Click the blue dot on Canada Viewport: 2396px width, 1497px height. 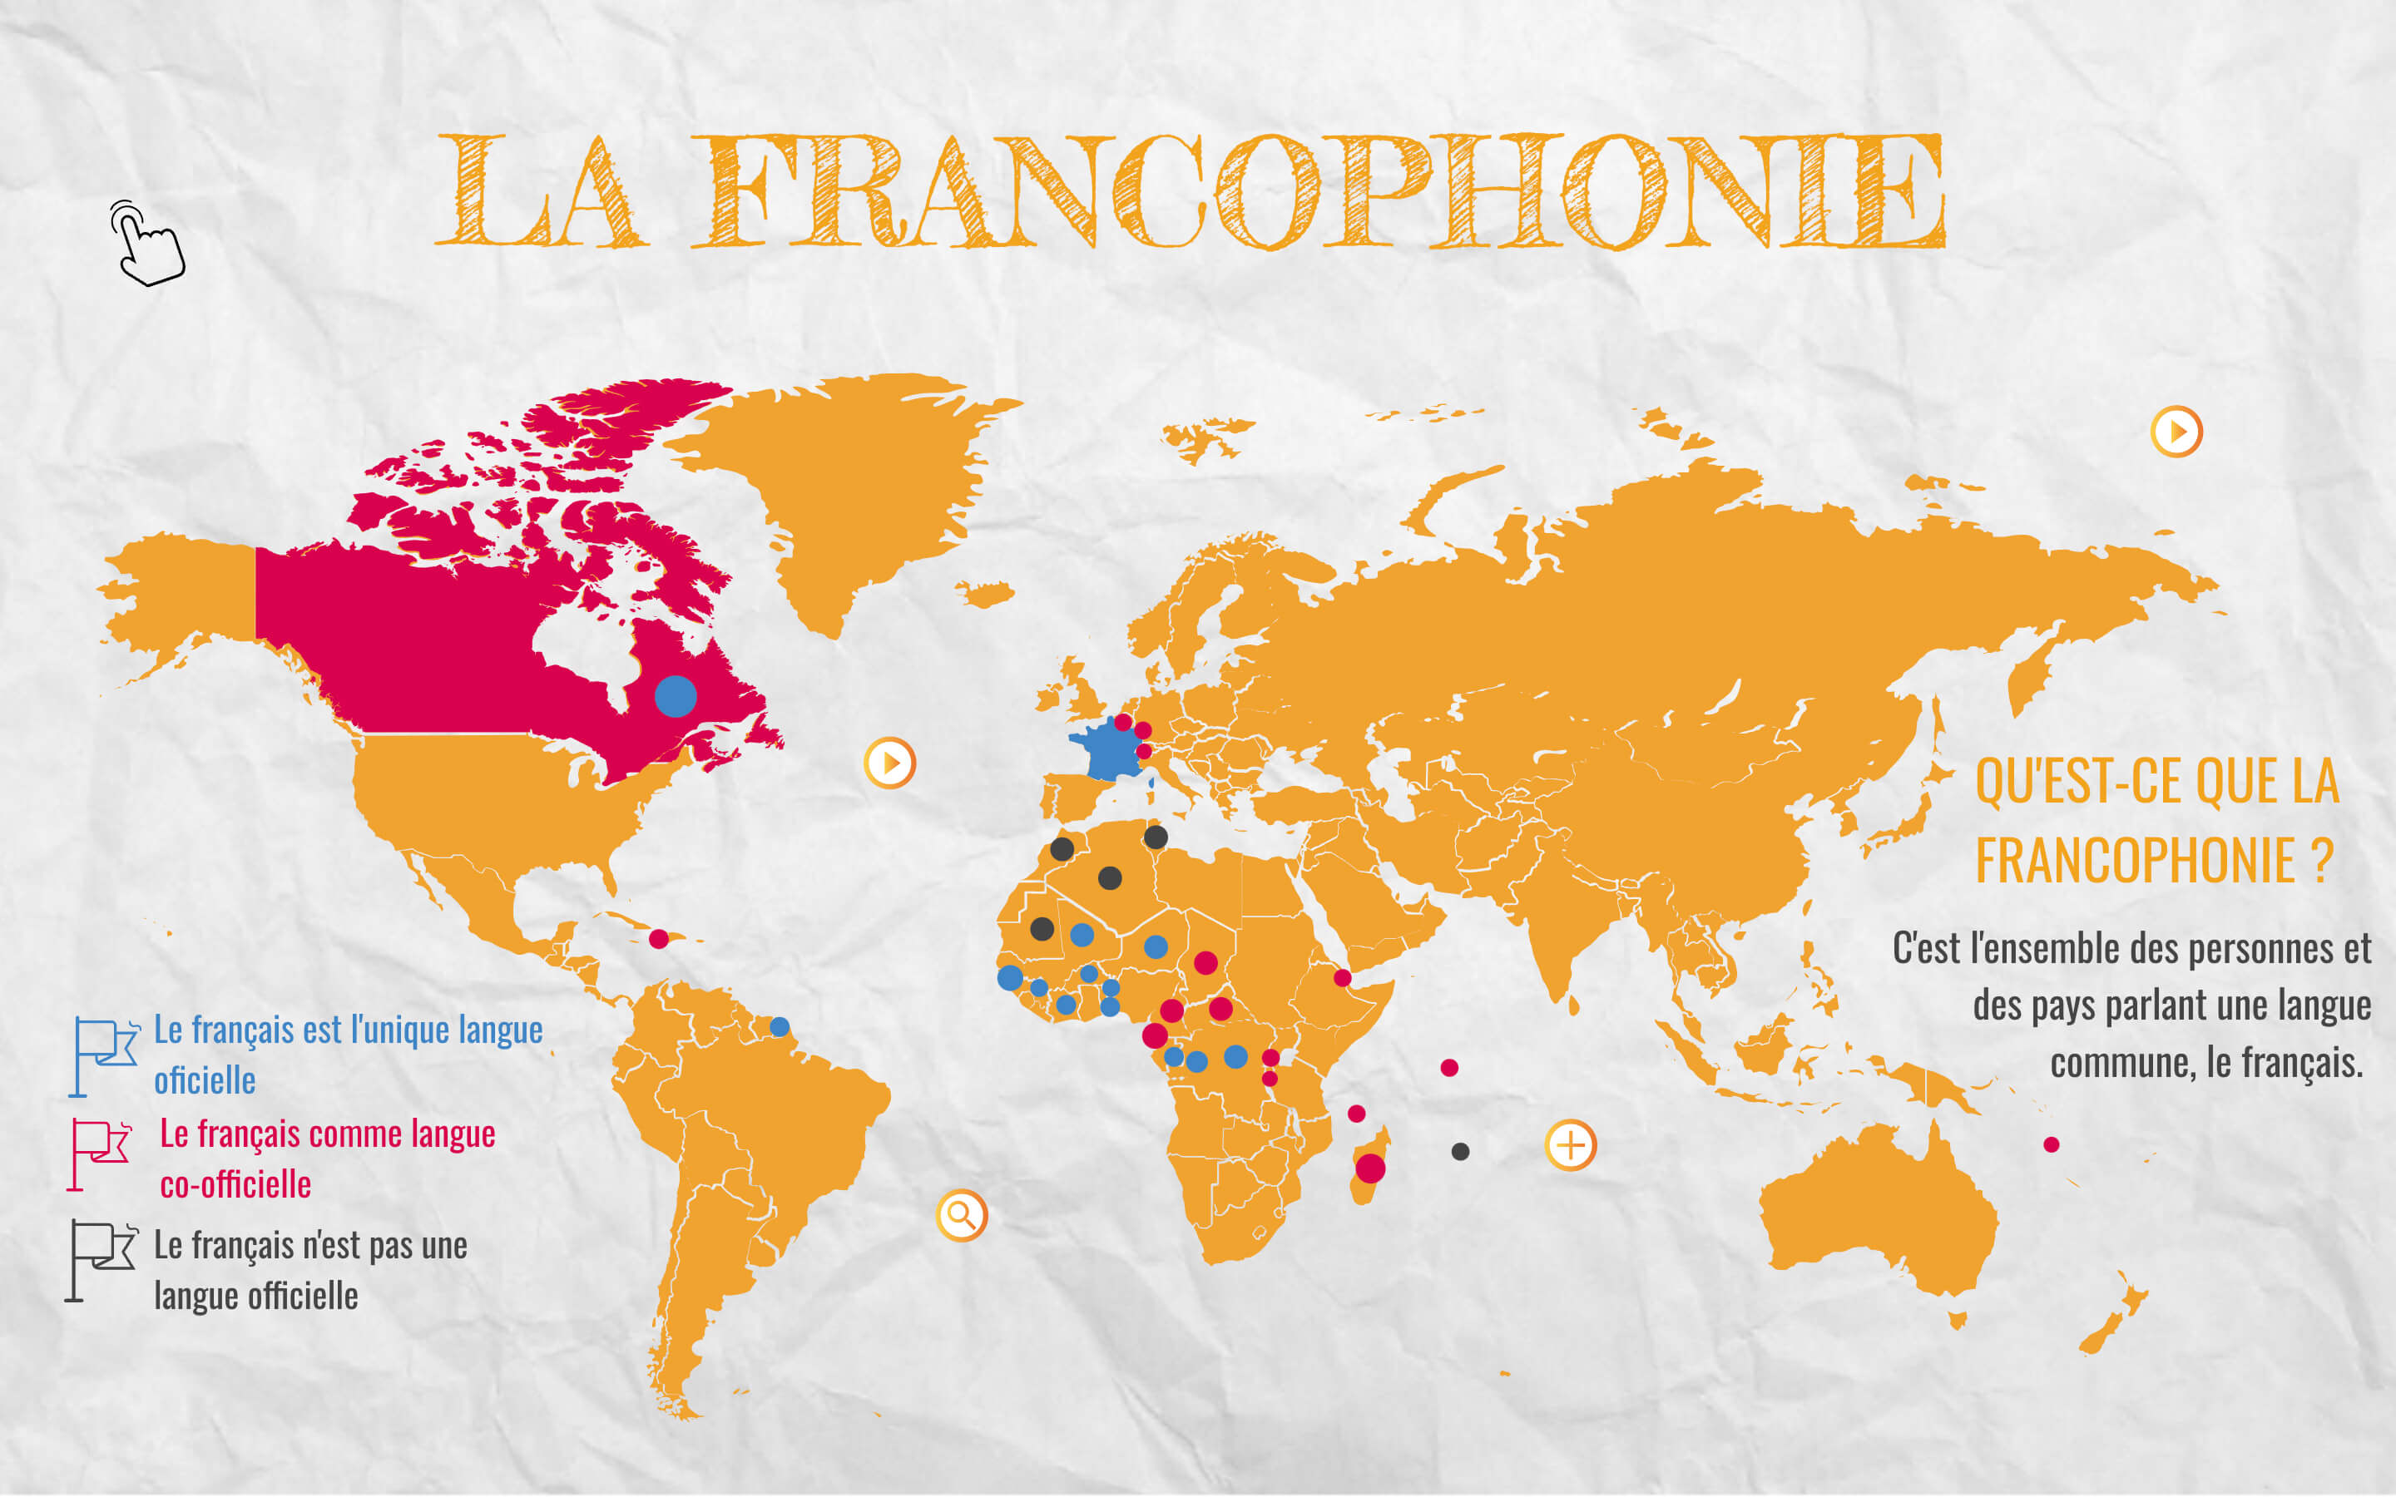coord(676,696)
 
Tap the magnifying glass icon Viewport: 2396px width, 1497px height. coord(962,1215)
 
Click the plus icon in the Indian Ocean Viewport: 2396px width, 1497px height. coord(1570,1145)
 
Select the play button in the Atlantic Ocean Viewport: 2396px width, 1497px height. coord(889,763)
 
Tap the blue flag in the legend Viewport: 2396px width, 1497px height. coord(103,1055)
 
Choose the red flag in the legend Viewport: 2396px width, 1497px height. coord(99,1154)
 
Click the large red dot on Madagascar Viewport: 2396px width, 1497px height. coord(1370,1168)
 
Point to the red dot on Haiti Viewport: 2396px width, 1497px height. coord(658,939)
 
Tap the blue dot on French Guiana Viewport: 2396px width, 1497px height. coord(780,1027)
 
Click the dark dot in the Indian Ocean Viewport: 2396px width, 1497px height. coord(1460,1152)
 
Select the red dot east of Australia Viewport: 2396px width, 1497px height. coord(2052,1144)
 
